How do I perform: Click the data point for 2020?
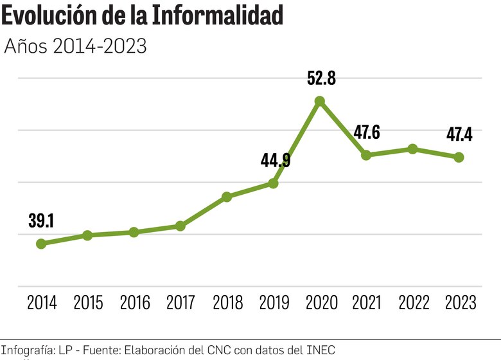319,101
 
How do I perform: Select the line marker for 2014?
41,244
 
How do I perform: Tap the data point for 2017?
180,226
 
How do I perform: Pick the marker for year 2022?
412,149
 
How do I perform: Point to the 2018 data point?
227,196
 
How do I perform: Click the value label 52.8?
322,79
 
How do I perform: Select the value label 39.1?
41,221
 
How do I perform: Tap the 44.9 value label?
275,160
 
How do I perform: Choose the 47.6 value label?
367,133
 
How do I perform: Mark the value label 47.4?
459,134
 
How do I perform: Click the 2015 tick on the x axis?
88,303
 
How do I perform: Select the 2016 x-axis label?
134,303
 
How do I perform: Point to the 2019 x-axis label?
274,303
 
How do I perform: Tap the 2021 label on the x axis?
366,303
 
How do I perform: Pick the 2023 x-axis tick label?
459,303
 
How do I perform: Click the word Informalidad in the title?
217,16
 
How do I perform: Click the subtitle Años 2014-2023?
76,47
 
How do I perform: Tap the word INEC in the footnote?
321,350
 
